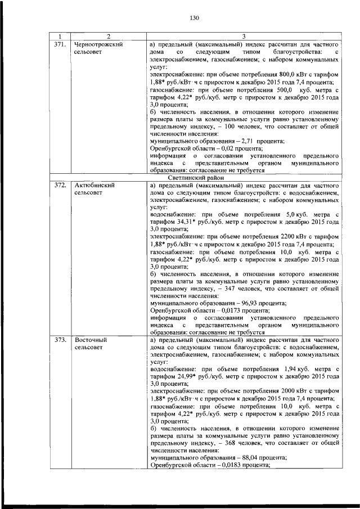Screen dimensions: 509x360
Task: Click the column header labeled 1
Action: pyautogui.click(x=60, y=36)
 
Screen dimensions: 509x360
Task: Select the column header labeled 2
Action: pyautogui.click(x=109, y=36)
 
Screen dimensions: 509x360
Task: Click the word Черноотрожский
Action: pyautogui.click(x=98, y=43)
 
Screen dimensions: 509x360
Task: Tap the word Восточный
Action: pyautogui.click(x=90, y=340)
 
